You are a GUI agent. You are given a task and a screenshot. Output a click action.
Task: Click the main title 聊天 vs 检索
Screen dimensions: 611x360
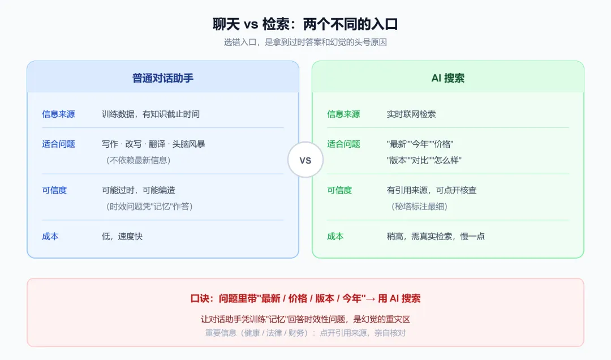pos(305,24)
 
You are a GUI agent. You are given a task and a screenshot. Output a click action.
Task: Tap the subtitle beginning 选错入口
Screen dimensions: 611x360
pos(305,42)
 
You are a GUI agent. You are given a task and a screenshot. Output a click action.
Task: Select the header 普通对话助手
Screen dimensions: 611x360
pos(163,78)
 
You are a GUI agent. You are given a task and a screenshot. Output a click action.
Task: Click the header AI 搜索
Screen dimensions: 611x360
pos(448,78)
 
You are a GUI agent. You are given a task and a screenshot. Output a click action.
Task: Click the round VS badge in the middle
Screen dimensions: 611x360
pos(305,160)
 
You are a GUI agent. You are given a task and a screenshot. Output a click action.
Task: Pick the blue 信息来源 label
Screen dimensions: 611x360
pos(58,114)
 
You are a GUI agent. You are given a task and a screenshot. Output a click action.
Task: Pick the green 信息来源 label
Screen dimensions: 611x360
pos(343,114)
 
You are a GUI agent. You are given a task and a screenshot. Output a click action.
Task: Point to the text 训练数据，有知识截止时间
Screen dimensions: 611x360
pos(150,114)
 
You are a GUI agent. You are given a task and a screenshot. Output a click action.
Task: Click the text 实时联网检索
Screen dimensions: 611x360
pos(411,114)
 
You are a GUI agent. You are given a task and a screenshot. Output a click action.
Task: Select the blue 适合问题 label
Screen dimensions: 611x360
pos(58,144)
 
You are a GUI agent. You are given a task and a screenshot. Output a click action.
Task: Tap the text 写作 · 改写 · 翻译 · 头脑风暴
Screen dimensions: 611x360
pos(153,144)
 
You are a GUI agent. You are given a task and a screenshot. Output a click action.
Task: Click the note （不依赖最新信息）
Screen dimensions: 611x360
pos(138,160)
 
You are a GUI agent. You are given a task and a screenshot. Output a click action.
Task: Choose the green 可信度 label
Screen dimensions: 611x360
pos(339,190)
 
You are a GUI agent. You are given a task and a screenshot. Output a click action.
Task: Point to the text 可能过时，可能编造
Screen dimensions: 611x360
pos(139,190)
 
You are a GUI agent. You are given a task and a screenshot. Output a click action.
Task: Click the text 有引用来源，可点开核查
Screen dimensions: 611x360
pos(431,190)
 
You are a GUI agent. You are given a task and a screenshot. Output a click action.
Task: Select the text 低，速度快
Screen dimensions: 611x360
pos(122,237)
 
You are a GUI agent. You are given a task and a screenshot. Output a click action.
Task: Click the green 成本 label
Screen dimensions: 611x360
pos(335,237)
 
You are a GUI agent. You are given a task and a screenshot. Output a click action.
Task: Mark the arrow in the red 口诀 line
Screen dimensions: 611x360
pos(371,299)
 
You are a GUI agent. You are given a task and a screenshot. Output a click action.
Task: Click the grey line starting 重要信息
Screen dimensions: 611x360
pos(305,333)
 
